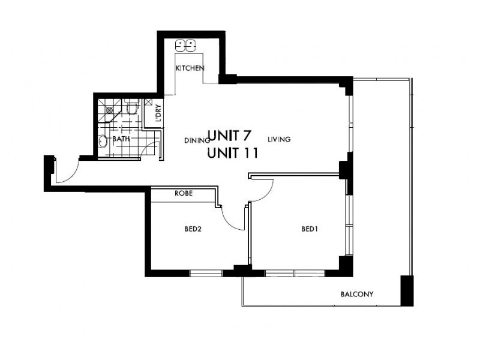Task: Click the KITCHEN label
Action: pos(190,68)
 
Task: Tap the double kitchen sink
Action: pos(185,45)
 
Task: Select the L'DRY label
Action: pos(158,113)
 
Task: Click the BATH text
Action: pos(121,139)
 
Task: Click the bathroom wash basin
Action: pos(103,142)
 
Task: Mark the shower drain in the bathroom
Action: pos(109,110)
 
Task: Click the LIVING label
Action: pos(279,139)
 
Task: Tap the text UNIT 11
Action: pos(232,153)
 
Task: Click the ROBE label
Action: pos(183,194)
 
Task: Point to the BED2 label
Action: pos(193,229)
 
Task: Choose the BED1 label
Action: pos(309,229)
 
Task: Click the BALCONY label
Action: pos(357,294)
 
